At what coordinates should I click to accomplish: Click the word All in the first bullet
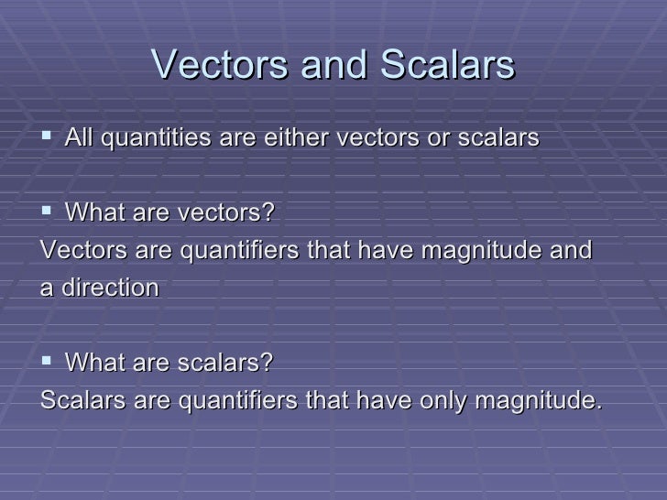(x=80, y=140)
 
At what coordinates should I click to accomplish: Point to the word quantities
(x=154, y=140)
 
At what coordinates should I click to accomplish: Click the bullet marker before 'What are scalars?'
(x=48, y=363)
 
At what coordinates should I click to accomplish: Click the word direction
(x=108, y=288)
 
